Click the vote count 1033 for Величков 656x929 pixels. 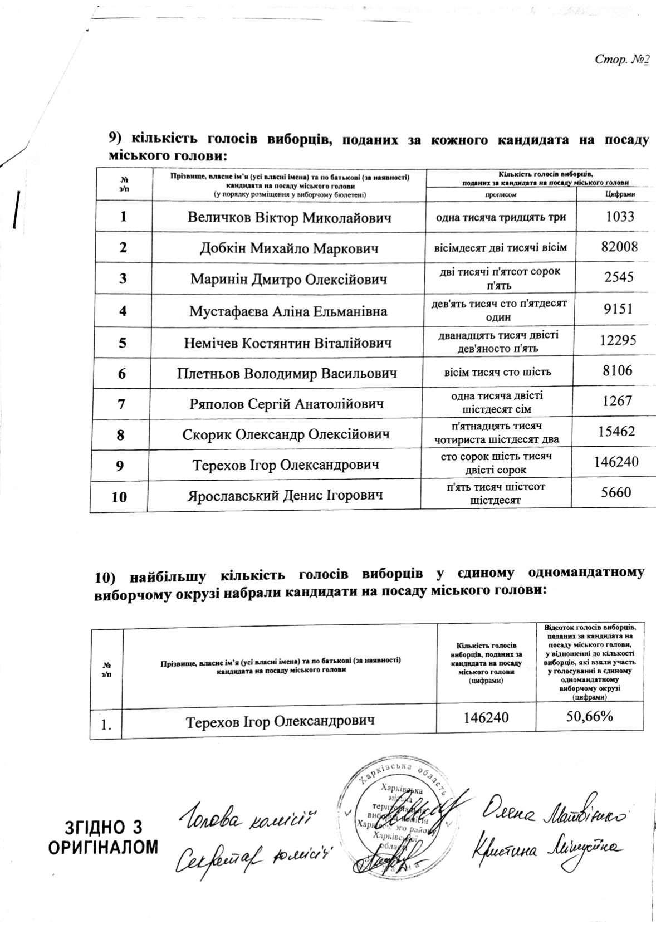pos(620,216)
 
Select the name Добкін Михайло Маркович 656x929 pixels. pos(289,248)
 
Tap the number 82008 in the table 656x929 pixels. pos(619,247)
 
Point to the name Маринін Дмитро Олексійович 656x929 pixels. pos(288,279)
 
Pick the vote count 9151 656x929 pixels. pos(619,309)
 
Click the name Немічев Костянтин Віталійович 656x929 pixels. pos(288,342)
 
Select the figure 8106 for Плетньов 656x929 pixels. pos(618,370)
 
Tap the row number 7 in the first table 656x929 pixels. pos(121,403)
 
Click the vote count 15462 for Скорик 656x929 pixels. pos(618,431)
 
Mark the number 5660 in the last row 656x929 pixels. pos(616,492)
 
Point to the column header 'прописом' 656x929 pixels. pos(500,195)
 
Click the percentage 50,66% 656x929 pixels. pos(590,716)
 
